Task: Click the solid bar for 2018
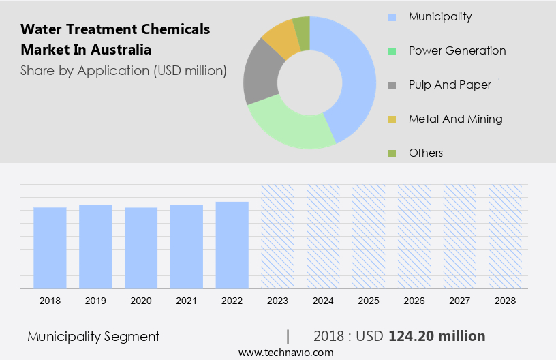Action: coord(50,247)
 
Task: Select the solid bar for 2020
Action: coord(141,247)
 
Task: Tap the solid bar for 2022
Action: coord(232,245)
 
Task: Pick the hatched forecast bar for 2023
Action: coord(278,236)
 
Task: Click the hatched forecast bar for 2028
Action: coord(506,236)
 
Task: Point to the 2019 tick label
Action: coord(95,300)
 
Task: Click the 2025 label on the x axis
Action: coord(369,300)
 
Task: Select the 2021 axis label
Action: coord(187,300)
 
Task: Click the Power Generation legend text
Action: coord(457,50)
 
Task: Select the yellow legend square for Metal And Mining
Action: coord(392,119)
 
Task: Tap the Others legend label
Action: coord(426,153)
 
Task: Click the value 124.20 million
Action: coord(437,336)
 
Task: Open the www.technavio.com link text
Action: coord(286,352)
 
